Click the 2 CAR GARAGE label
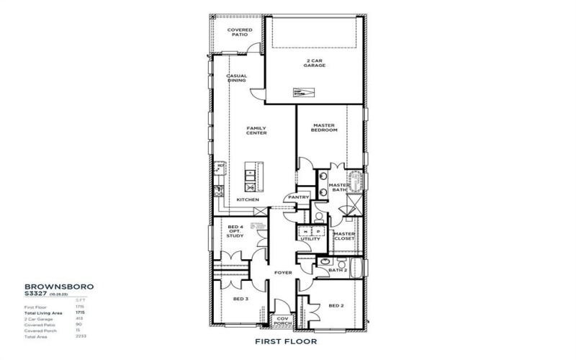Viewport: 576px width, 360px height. [314, 63]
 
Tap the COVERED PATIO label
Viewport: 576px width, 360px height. [240, 32]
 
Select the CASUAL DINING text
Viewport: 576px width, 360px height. [237, 78]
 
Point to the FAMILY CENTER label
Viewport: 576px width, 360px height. [257, 131]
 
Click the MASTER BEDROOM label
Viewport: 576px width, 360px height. [325, 128]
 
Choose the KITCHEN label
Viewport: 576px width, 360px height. [248, 199]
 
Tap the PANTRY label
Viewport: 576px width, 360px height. [298, 197]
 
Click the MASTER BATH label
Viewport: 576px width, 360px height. [338, 187]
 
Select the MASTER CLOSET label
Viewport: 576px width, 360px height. [344, 236]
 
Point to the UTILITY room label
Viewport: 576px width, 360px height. [300, 238]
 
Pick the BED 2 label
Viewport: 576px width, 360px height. [337, 305]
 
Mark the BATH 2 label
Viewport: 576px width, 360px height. [347, 270]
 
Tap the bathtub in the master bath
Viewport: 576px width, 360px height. [355, 180]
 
